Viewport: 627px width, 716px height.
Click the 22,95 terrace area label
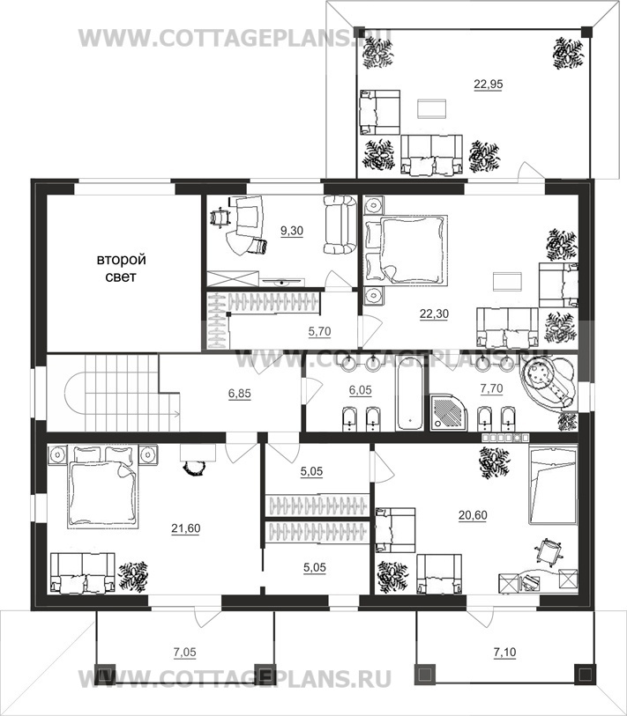(489, 84)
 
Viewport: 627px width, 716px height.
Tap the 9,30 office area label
(292, 231)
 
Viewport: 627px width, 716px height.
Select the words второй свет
(121, 268)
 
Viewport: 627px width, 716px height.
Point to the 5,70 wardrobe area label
(319, 331)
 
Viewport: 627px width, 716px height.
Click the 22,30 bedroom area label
(434, 314)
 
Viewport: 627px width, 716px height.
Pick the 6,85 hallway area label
(240, 393)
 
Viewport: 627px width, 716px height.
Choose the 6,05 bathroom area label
(361, 390)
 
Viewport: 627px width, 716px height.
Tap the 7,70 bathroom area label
(491, 388)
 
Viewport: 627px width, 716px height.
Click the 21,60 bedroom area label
(186, 528)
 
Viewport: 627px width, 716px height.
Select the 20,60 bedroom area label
(473, 515)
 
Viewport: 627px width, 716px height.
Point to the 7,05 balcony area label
(185, 653)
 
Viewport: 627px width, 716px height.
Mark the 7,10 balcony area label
(504, 653)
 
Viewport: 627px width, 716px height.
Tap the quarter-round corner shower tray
(449, 413)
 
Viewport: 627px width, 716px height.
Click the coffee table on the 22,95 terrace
(431, 108)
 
